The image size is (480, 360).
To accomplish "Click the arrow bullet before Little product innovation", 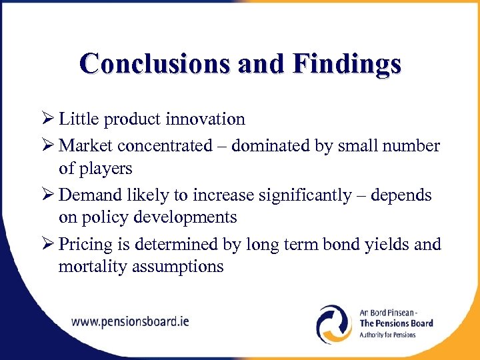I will (x=47, y=119).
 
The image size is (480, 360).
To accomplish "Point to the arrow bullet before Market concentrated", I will (x=47, y=145).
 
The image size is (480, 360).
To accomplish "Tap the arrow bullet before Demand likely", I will (x=47, y=195).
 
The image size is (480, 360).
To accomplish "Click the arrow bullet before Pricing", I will (x=47, y=244).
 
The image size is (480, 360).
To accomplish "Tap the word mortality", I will (x=89, y=267).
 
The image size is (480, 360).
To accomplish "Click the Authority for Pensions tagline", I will (x=387, y=335).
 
